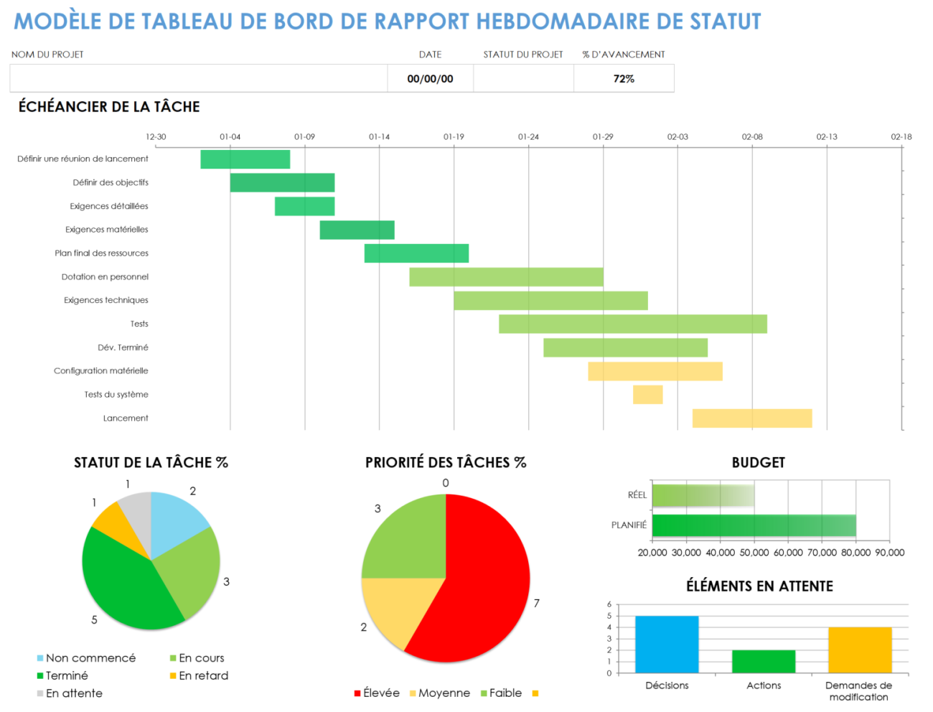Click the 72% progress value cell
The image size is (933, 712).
[624, 79]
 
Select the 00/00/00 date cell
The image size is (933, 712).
[430, 79]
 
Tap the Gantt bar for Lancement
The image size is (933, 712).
[751, 418]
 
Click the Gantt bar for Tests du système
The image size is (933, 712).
[647, 395]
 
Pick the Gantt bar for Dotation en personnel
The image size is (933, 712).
[506, 277]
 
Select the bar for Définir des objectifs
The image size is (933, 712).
[282, 183]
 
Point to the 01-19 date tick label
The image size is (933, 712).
[454, 136]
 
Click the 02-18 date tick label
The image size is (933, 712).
[901, 136]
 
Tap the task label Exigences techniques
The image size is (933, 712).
[106, 300]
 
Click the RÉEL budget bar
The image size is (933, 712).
[703, 495]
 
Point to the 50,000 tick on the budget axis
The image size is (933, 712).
[754, 553]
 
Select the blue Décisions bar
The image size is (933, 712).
[667, 644]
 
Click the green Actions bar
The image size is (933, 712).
[764, 661]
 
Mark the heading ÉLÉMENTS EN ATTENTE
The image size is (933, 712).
[759, 586]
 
